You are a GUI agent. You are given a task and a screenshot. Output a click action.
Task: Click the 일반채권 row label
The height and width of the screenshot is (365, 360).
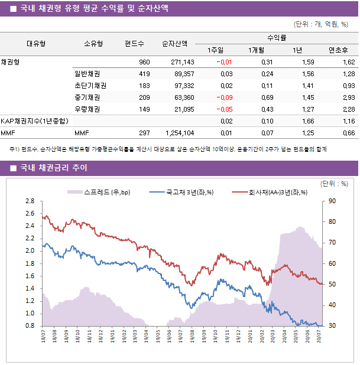[87, 74]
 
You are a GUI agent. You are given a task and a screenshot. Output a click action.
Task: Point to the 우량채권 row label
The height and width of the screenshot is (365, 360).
[87, 109]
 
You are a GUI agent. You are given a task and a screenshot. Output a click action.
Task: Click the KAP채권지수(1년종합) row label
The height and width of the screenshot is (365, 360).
[34, 121]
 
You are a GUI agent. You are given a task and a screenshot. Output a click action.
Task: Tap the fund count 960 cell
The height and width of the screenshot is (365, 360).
[144, 62]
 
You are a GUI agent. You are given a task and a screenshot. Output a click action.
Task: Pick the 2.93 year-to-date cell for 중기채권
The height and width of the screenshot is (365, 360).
[348, 97]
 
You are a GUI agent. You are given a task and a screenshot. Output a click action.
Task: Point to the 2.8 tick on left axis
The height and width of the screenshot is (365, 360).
[30, 201]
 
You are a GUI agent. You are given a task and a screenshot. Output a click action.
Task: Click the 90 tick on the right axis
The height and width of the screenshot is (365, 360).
[333, 201]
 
